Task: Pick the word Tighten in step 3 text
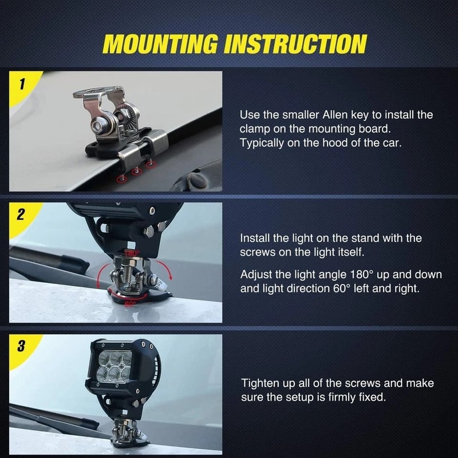pyautogui.click(x=260, y=383)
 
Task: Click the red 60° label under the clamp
pyautogui.click(x=130, y=304)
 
